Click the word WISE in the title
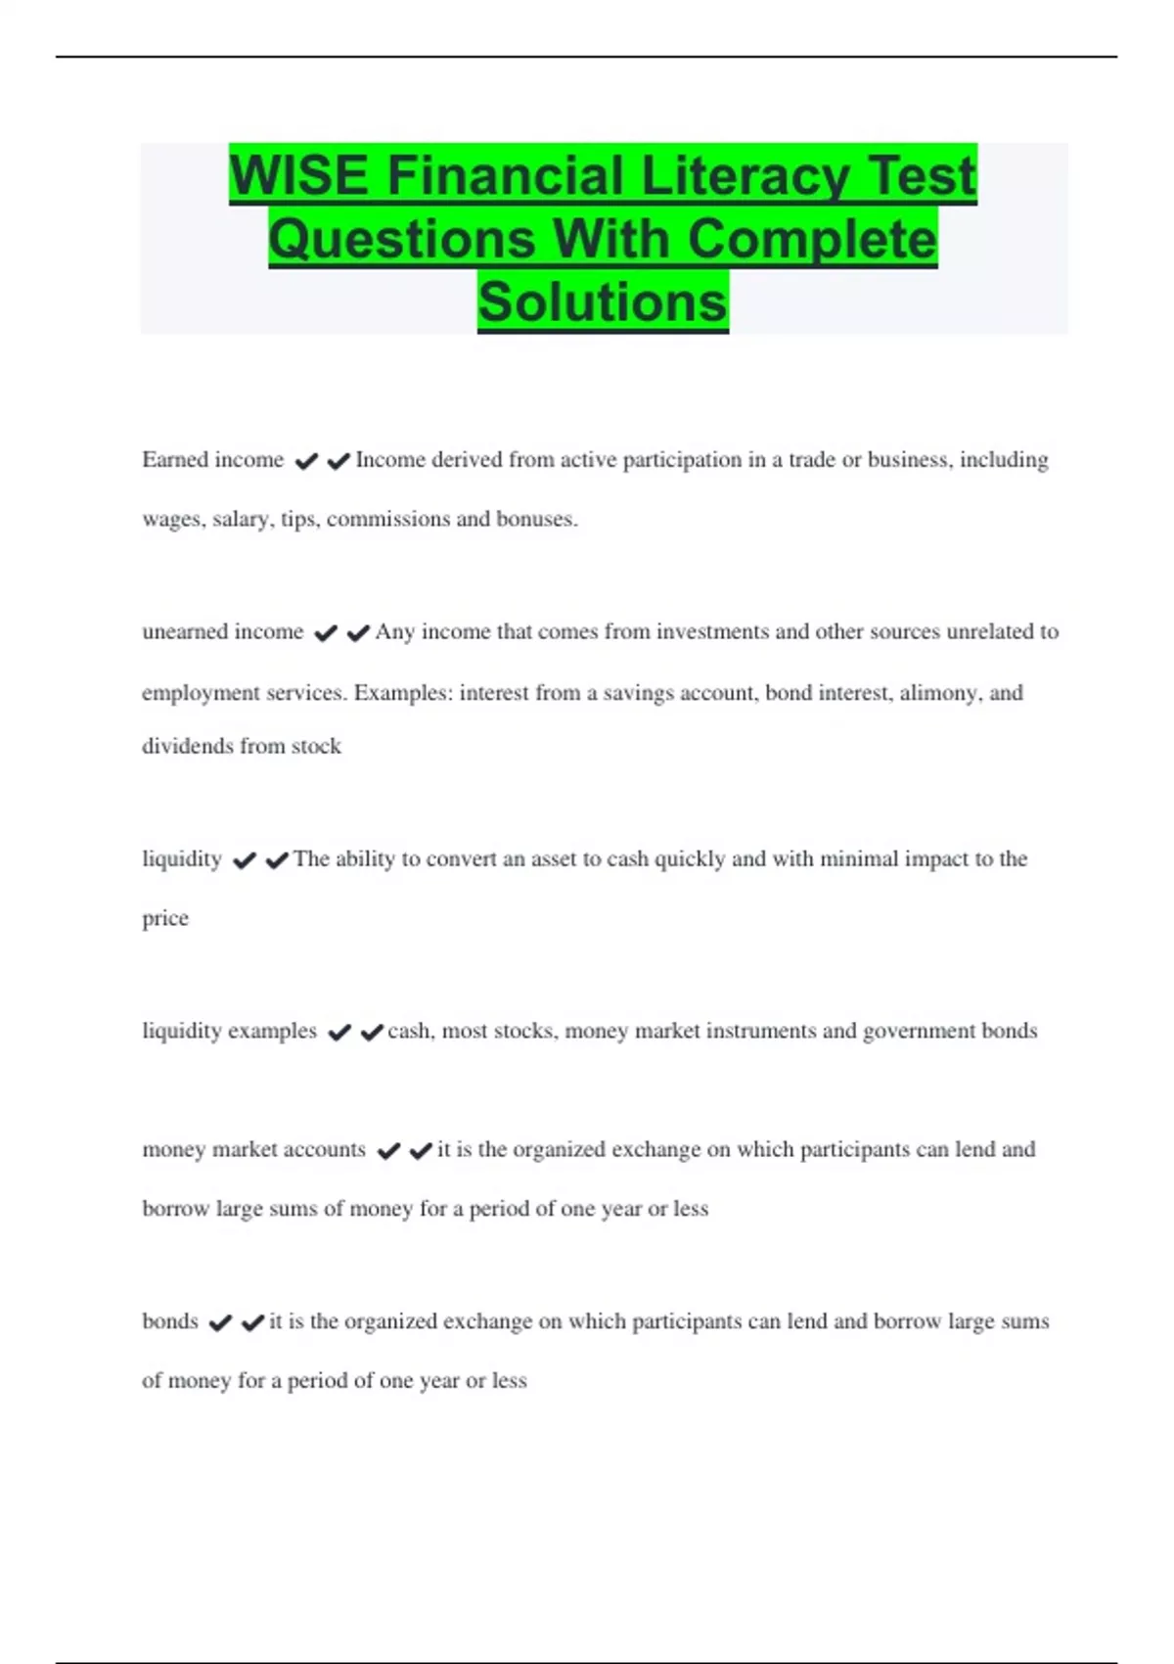click(x=299, y=176)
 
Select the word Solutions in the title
click(x=603, y=301)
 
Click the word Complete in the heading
click(x=811, y=239)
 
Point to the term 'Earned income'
click(x=212, y=460)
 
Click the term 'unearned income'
click(x=222, y=632)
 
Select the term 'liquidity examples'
click(x=229, y=1031)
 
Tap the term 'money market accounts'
click(x=253, y=1149)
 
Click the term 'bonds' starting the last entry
click(x=170, y=1321)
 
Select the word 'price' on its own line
click(x=165, y=918)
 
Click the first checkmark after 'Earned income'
click(x=306, y=461)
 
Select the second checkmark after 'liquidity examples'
click(x=372, y=1032)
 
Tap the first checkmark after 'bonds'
click(x=220, y=1322)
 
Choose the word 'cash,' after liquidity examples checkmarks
click(x=411, y=1031)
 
